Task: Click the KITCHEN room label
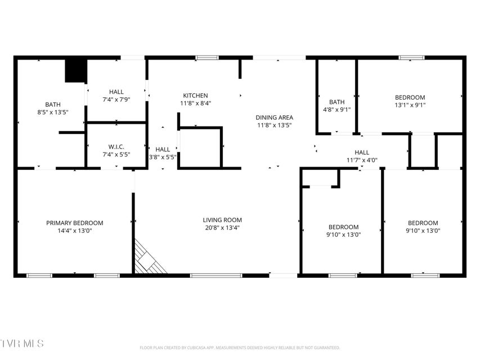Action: pyautogui.click(x=195, y=96)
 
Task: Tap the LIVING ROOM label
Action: pyautogui.click(x=222, y=220)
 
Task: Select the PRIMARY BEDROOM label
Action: pyautogui.click(x=75, y=223)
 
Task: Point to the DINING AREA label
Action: pyautogui.click(x=274, y=118)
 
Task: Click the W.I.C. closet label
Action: pyautogui.click(x=116, y=147)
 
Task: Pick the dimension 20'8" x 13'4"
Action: pyautogui.click(x=222, y=228)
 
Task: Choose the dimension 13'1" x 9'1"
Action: pyautogui.click(x=410, y=105)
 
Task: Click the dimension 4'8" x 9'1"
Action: pyautogui.click(x=337, y=110)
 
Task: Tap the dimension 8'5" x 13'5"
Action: pyautogui.click(x=53, y=112)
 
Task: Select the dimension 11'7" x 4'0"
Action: pyautogui.click(x=362, y=160)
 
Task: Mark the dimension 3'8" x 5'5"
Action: pyautogui.click(x=163, y=157)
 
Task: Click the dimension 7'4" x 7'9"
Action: pyautogui.click(x=116, y=100)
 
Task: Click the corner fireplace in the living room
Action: pyautogui.click(x=149, y=258)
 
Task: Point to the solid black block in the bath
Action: pyautogui.click(x=75, y=71)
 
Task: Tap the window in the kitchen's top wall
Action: pyautogui.click(x=207, y=57)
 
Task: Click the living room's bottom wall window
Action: pyautogui.click(x=216, y=276)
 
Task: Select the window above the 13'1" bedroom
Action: pyautogui.click(x=412, y=57)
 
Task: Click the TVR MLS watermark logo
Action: pyautogui.click(x=22, y=344)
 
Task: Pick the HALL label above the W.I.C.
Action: pyautogui.click(x=116, y=92)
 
